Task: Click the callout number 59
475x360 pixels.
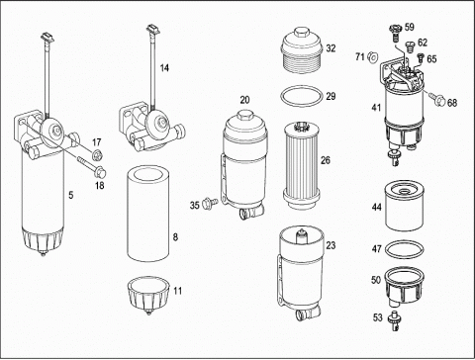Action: click(x=410, y=27)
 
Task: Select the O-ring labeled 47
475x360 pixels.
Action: click(x=405, y=241)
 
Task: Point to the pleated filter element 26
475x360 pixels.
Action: click(x=302, y=165)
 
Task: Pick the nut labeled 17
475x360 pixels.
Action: click(x=97, y=154)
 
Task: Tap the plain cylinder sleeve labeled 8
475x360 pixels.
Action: click(x=148, y=214)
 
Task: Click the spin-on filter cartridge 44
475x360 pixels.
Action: click(x=405, y=205)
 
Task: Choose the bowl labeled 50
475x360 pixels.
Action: click(x=404, y=286)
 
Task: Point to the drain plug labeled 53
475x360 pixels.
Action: click(x=395, y=320)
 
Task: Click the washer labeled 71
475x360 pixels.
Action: click(x=372, y=57)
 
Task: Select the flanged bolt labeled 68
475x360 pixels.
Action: click(x=436, y=99)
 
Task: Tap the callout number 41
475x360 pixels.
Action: click(x=376, y=108)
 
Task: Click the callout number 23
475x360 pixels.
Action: click(x=331, y=245)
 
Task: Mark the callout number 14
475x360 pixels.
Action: click(x=164, y=68)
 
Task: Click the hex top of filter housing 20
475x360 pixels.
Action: click(x=244, y=116)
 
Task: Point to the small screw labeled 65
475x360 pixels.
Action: click(x=421, y=57)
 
